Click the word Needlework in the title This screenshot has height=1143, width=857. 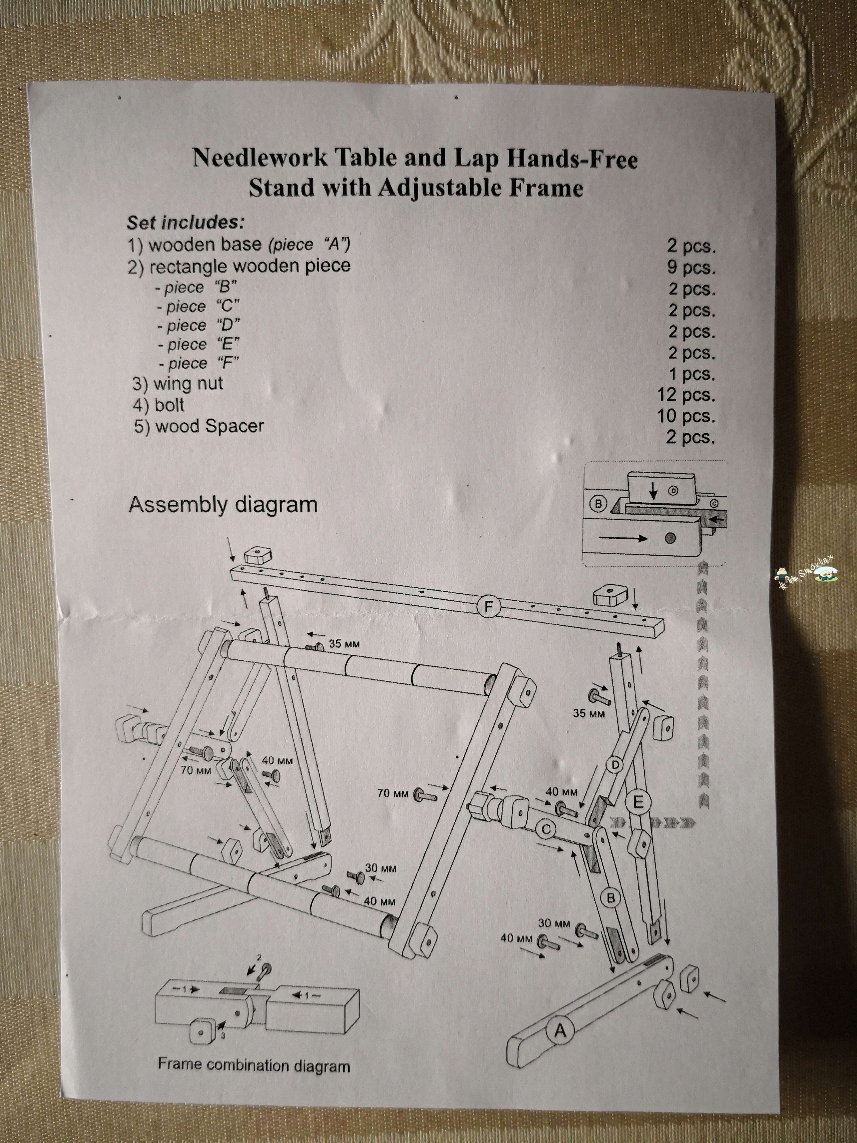coord(260,157)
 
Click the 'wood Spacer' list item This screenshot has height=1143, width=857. coord(199,426)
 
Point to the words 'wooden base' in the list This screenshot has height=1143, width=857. coord(204,244)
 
